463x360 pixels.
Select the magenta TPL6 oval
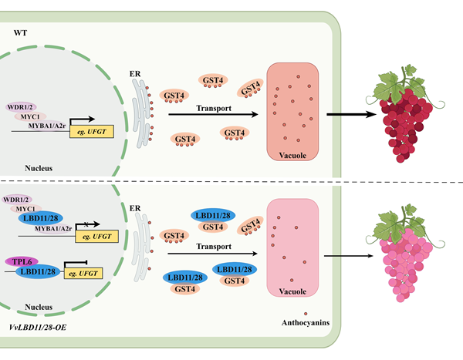coord(24,261)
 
